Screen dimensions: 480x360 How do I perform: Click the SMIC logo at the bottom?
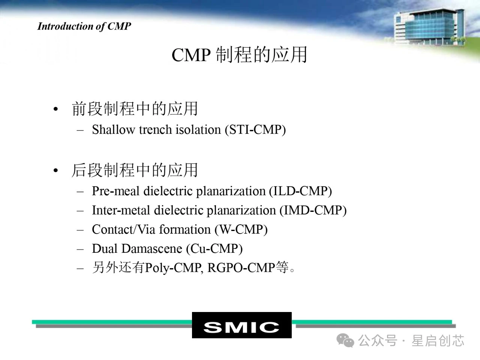[x=241, y=325]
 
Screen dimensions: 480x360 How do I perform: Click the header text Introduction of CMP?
[x=84, y=27]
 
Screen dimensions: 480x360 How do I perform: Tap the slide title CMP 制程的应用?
[x=240, y=55]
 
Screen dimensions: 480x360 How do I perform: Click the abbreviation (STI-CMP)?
[x=255, y=130]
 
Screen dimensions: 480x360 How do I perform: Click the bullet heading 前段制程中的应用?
[x=135, y=108]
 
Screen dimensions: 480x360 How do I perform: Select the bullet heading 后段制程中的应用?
[x=135, y=170]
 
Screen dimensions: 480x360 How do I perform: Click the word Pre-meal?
[x=115, y=191]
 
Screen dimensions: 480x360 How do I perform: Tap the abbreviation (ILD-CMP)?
[x=300, y=191]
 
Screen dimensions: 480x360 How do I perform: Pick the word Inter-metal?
[x=121, y=210]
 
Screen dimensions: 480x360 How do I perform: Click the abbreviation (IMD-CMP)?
[x=313, y=210]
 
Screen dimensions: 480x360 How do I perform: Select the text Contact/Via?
[x=123, y=229]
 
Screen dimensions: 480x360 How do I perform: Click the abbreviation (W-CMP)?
[x=241, y=230]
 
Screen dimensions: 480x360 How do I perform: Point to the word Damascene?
[x=152, y=249]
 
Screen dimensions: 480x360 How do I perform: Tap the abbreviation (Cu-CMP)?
[x=214, y=249]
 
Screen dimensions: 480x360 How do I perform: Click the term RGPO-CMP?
[x=241, y=267]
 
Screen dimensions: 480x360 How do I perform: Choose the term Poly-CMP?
[x=174, y=268]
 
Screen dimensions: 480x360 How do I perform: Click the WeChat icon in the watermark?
[x=345, y=340]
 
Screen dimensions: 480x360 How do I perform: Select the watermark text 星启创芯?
[x=438, y=340]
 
